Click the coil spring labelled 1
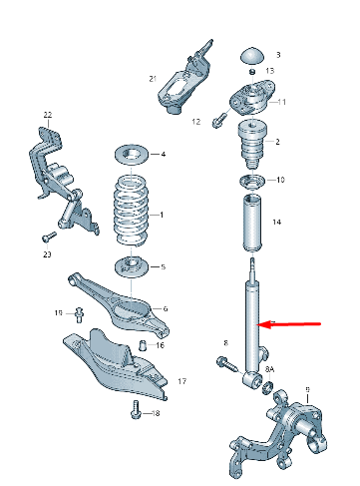pyautogui.click(x=130, y=211)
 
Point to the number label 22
pyautogui.click(x=46, y=117)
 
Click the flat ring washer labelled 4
pyautogui.click(x=130, y=154)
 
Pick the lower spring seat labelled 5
pyautogui.click(x=130, y=266)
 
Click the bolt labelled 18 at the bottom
pyautogui.click(x=135, y=408)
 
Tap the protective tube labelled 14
pyautogui.click(x=251, y=227)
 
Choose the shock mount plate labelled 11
pyautogui.click(x=251, y=100)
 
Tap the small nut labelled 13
pyautogui.click(x=253, y=72)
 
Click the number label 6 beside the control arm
pyautogui.click(x=166, y=308)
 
